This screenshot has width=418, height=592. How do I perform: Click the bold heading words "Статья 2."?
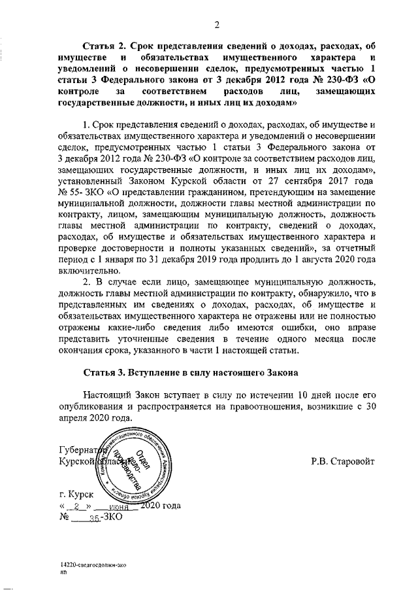[106, 48]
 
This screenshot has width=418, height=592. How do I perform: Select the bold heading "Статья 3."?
[106, 374]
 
